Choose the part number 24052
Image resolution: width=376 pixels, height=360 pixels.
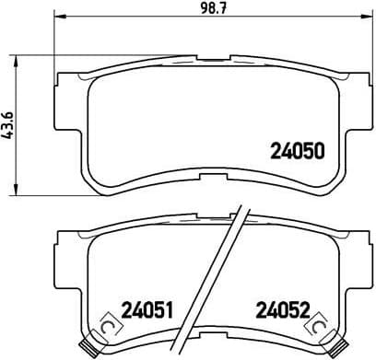coord(283,310)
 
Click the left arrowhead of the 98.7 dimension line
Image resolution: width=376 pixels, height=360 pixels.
coord(61,18)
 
